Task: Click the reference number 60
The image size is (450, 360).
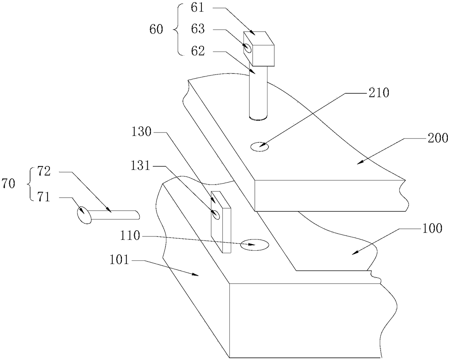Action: click(156, 30)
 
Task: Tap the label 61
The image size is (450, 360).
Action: click(199, 8)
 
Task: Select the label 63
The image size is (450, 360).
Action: click(199, 29)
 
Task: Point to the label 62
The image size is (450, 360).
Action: click(199, 51)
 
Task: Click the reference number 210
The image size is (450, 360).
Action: click(379, 93)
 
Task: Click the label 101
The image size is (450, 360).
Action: click(120, 260)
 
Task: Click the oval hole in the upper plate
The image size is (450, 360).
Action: click(259, 147)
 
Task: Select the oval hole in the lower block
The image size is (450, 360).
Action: click(254, 245)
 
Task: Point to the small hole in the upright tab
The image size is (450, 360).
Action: click(216, 215)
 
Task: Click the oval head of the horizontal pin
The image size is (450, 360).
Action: click(84, 215)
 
